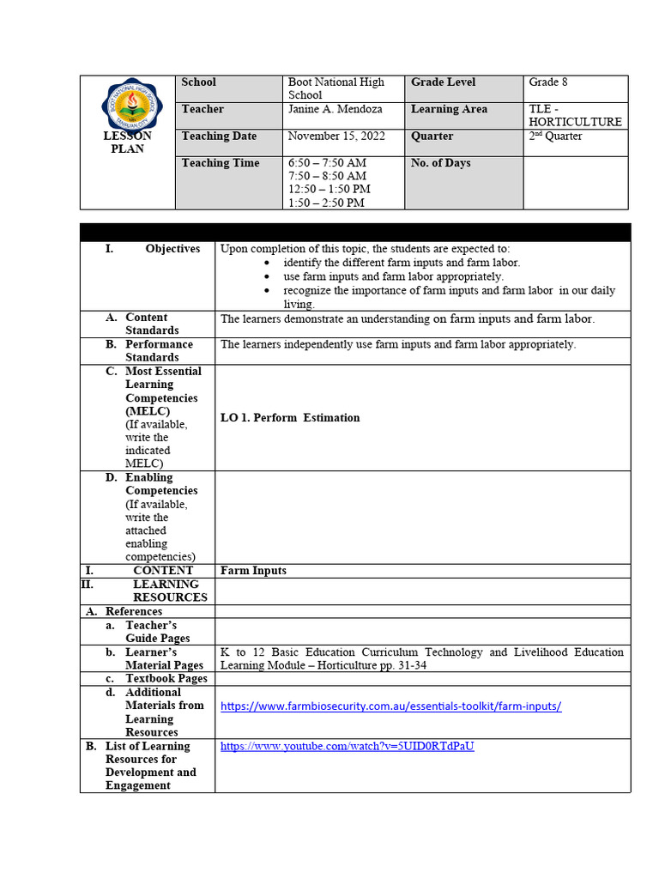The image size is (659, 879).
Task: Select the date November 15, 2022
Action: point(336,136)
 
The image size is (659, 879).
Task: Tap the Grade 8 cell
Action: point(548,82)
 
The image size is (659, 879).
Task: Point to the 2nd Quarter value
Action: point(555,136)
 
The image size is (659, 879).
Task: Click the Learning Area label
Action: point(449,109)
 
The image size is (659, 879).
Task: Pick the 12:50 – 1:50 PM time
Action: point(329,189)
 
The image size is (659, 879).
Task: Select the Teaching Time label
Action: point(221,163)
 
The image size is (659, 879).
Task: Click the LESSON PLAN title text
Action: point(127,142)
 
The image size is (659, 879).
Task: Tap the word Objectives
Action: point(172,249)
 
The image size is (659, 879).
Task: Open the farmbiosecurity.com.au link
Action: point(391,706)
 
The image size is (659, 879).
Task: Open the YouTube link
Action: point(347,746)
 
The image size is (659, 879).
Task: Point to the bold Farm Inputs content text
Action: point(253,571)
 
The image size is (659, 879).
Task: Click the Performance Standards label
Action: point(159,351)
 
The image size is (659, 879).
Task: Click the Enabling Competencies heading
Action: point(160,484)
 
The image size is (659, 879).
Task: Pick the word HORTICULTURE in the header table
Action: point(575,122)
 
